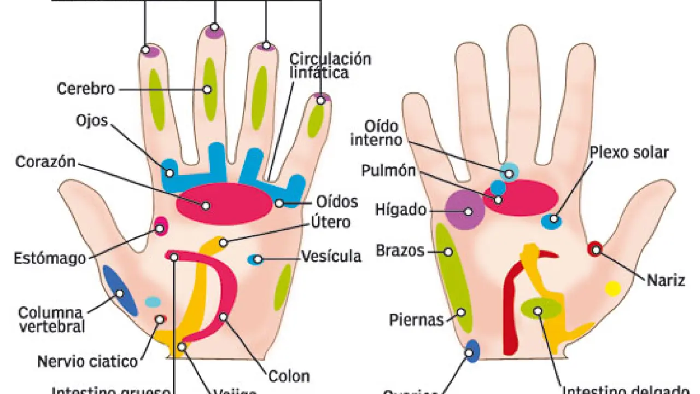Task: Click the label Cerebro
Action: click(86, 89)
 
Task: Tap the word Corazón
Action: click(45, 162)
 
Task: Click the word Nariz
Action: click(666, 281)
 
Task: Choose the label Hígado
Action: click(401, 210)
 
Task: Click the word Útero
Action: click(330, 223)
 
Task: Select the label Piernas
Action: click(416, 320)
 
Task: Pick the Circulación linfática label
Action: click(330, 65)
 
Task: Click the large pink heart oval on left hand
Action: click(224, 204)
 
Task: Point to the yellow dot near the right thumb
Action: click(613, 288)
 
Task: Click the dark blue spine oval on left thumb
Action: click(120, 291)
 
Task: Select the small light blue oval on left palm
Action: click(153, 302)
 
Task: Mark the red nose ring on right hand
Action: click(596, 249)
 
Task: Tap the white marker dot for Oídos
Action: click(279, 203)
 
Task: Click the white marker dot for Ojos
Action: click(170, 173)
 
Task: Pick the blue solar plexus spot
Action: click(551, 221)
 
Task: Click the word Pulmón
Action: click(388, 171)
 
